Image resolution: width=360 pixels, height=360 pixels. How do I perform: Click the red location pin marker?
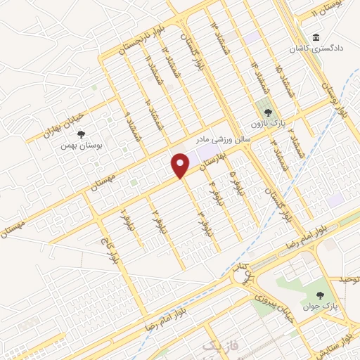pyautogui.click(x=181, y=165)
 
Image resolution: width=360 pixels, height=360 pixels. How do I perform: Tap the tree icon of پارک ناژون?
pyautogui.click(x=266, y=110)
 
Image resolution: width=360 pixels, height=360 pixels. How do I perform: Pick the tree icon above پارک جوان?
pyautogui.click(x=321, y=295)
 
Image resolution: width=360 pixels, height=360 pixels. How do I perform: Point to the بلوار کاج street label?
pyautogui.click(x=111, y=250)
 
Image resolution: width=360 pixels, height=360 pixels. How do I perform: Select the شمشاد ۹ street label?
pyautogui.click(x=130, y=124)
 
